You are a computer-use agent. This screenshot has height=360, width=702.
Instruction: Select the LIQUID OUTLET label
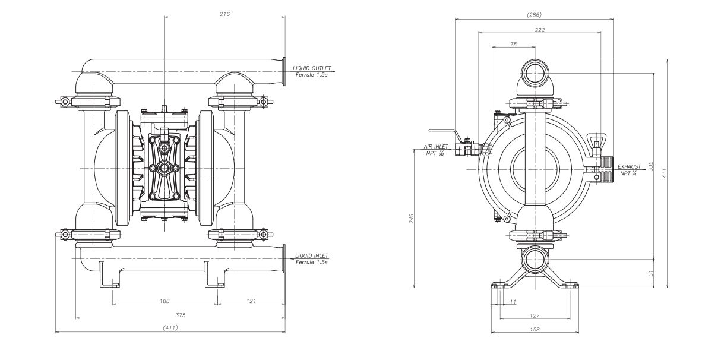[x=312, y=68]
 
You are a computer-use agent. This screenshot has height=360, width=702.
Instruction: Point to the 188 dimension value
[x=165, y=301]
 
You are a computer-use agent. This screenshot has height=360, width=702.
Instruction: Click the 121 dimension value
[x=251, y=301]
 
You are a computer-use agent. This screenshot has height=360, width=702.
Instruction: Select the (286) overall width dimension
[x=534, y=14]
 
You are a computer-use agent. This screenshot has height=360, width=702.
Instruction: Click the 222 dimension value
[x=539, y=30]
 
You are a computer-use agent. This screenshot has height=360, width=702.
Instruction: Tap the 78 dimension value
[x=513, y=45]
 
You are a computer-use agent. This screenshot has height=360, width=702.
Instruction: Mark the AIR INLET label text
[x=435, y=146]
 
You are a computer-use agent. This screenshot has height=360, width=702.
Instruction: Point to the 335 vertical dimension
[x=651, y=166]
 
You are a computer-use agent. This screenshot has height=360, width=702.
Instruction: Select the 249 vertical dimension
[x=411, y=218]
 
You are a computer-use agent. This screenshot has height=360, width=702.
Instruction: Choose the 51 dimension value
[x=651, y=273]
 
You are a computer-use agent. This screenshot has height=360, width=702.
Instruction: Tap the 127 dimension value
[x=535, y=315]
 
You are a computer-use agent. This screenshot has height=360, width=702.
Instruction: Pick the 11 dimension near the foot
[x=513, y=302]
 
